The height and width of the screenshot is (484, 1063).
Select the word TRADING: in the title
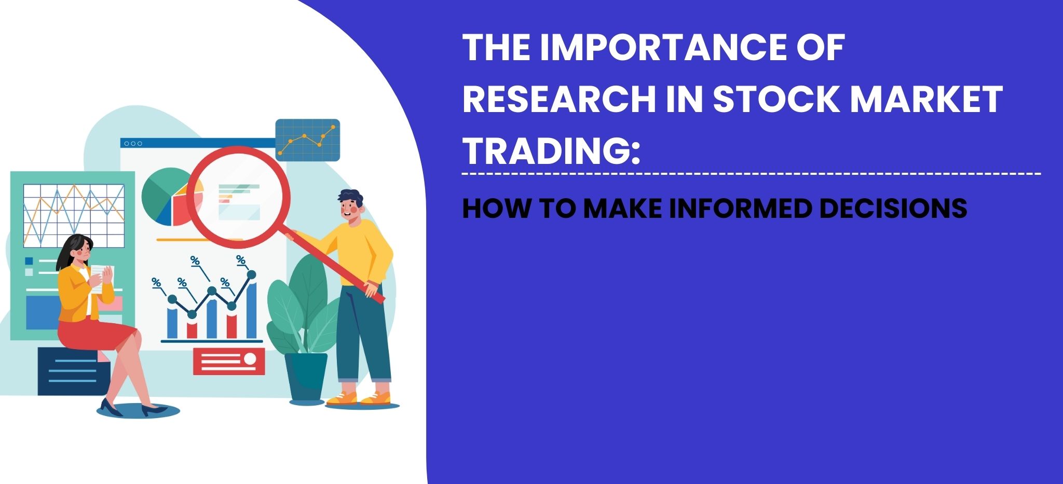(551, 150)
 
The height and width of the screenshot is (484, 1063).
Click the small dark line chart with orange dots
(307, 140)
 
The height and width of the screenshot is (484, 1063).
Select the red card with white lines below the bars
(229, 361)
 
